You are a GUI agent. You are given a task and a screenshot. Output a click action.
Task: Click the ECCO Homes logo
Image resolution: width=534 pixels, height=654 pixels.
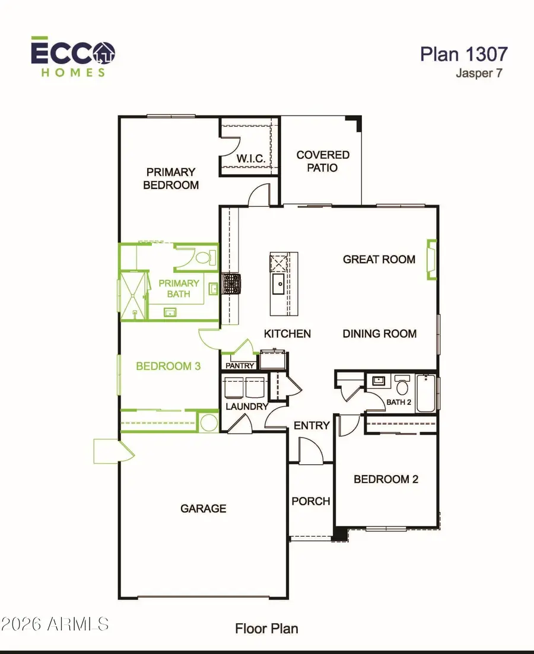tap(73, 57)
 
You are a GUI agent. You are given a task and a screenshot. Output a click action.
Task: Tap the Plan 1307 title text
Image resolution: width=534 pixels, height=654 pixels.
tap(463, 54)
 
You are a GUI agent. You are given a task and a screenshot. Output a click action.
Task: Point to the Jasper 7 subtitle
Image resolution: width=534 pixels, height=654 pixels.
tap(479, 73)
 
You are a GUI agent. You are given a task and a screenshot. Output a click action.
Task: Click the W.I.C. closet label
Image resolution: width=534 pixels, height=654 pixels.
tap(250, 158)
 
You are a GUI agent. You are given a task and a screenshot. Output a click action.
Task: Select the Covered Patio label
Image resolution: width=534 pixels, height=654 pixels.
tap(323, 161)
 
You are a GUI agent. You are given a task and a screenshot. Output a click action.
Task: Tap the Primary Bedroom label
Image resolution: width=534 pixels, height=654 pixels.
tap(171, 178)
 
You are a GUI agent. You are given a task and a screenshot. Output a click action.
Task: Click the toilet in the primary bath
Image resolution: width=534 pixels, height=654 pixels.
tap(205, 257)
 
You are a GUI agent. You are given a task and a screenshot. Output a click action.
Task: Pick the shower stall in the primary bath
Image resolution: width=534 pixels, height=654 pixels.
tap(133, 296)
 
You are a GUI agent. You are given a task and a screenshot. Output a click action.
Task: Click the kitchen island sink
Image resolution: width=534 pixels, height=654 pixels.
tap(278, 283)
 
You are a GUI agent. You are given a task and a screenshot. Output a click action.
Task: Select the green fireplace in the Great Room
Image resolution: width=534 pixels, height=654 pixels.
tap(431, 260)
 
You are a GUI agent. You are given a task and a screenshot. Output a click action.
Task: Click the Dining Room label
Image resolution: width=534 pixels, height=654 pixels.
tap(380, 334)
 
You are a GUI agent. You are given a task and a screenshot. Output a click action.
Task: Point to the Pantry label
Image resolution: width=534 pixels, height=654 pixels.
tap(240, 366)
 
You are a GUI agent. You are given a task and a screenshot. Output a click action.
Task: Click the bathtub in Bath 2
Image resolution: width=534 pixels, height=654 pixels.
tap(426, 393)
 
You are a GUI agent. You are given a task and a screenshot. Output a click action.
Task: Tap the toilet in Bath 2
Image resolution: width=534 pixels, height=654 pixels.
tap(402, 385)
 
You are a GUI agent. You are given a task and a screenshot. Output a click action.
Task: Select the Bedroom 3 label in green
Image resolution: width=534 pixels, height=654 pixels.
tap(169, 366)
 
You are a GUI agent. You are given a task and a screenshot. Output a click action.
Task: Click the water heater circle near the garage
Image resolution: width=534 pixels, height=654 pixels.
tap(208, 423)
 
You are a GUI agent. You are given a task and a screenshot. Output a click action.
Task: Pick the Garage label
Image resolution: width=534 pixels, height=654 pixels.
tap(204, 508)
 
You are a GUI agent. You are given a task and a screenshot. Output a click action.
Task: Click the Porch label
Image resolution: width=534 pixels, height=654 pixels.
tap(311, 501)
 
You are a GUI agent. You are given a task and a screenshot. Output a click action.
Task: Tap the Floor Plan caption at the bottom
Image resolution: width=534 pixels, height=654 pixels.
tap(266, 629)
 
